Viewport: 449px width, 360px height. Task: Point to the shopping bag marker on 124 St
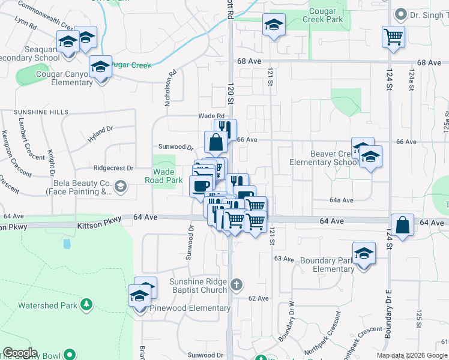click(x=402, y=226)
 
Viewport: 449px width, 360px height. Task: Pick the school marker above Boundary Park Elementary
click(x=364, y=253)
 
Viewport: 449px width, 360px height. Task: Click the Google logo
click(x=20, y=353)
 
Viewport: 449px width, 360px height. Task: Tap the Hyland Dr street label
click(x=100, y=133)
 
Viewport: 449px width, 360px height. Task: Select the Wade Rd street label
click(x=211, y=116)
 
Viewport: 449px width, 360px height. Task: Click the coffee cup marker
click(x=200, y=185)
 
